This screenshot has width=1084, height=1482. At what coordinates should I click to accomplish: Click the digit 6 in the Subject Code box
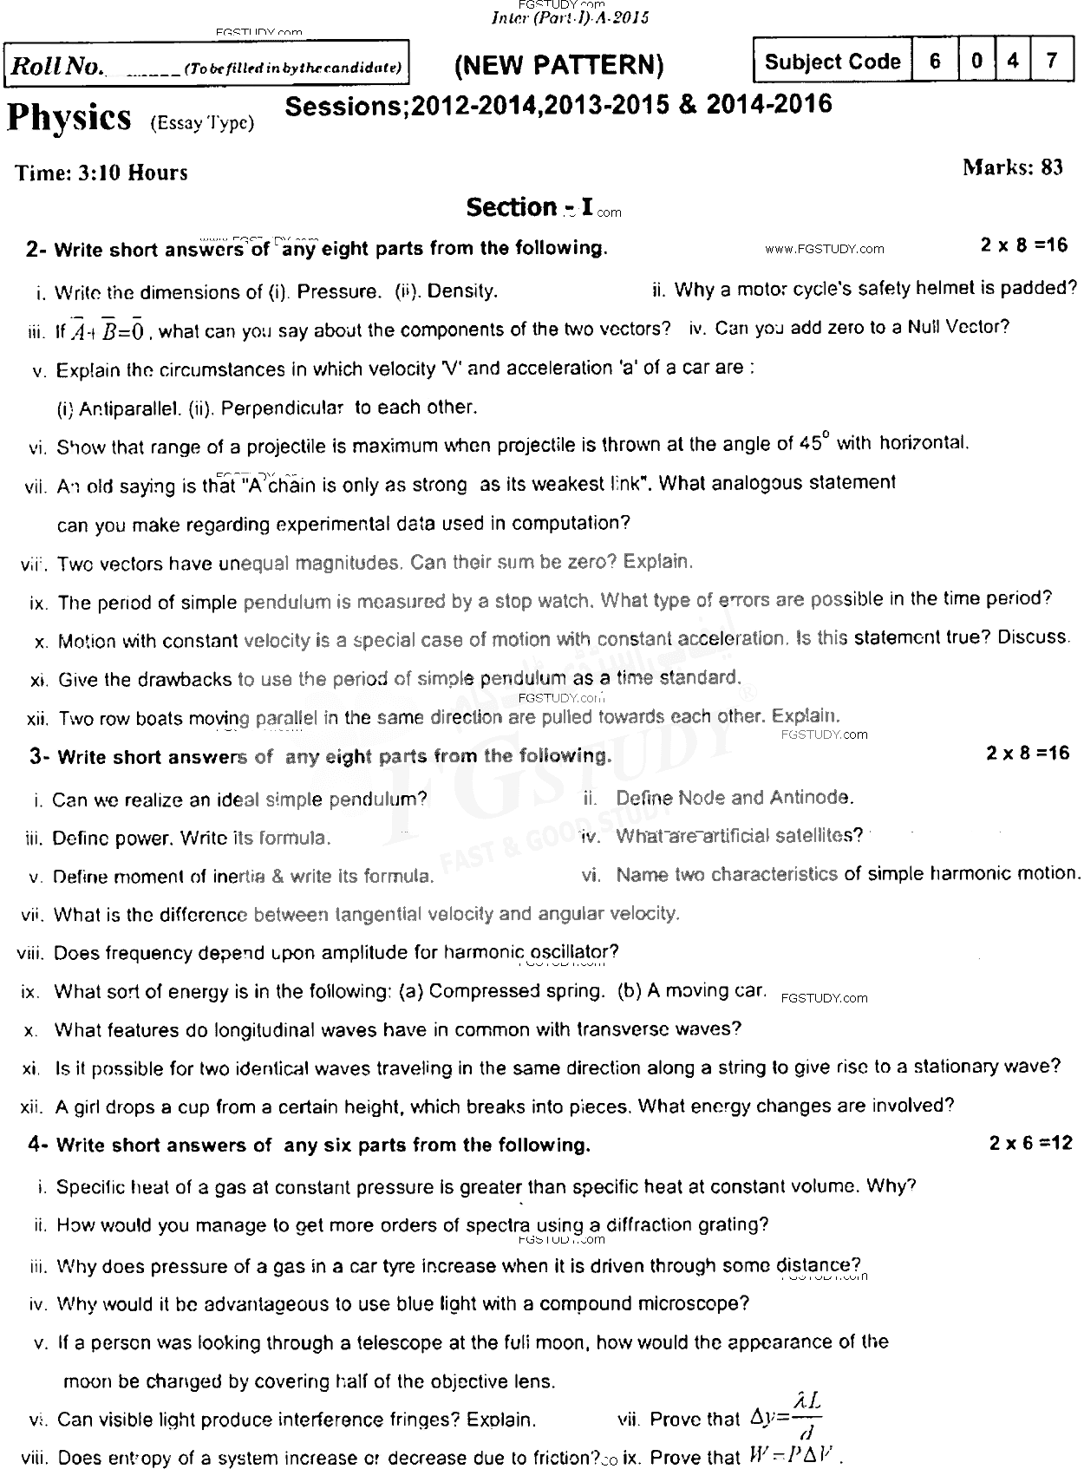tap(935, 62)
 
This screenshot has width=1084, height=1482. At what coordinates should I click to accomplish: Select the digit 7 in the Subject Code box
tap(1051, 62)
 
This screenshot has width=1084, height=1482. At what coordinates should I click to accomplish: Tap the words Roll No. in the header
tap(56, 67)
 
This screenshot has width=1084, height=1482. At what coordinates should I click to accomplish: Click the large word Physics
tap(69, 119)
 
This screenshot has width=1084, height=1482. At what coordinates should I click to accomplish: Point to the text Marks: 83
tap(1012, 167)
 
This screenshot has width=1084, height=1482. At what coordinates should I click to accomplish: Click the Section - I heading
tap(530, 207)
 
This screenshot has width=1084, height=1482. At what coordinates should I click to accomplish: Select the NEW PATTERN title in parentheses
tap(559, 65)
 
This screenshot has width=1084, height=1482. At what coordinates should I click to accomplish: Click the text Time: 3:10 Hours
tap(101, 173)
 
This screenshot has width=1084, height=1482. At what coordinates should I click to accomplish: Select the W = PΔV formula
tap(792, 1457)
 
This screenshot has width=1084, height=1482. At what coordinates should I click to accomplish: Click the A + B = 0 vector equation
tap(111, 330)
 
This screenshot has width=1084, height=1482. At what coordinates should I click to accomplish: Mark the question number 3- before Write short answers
tap(38, 756)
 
